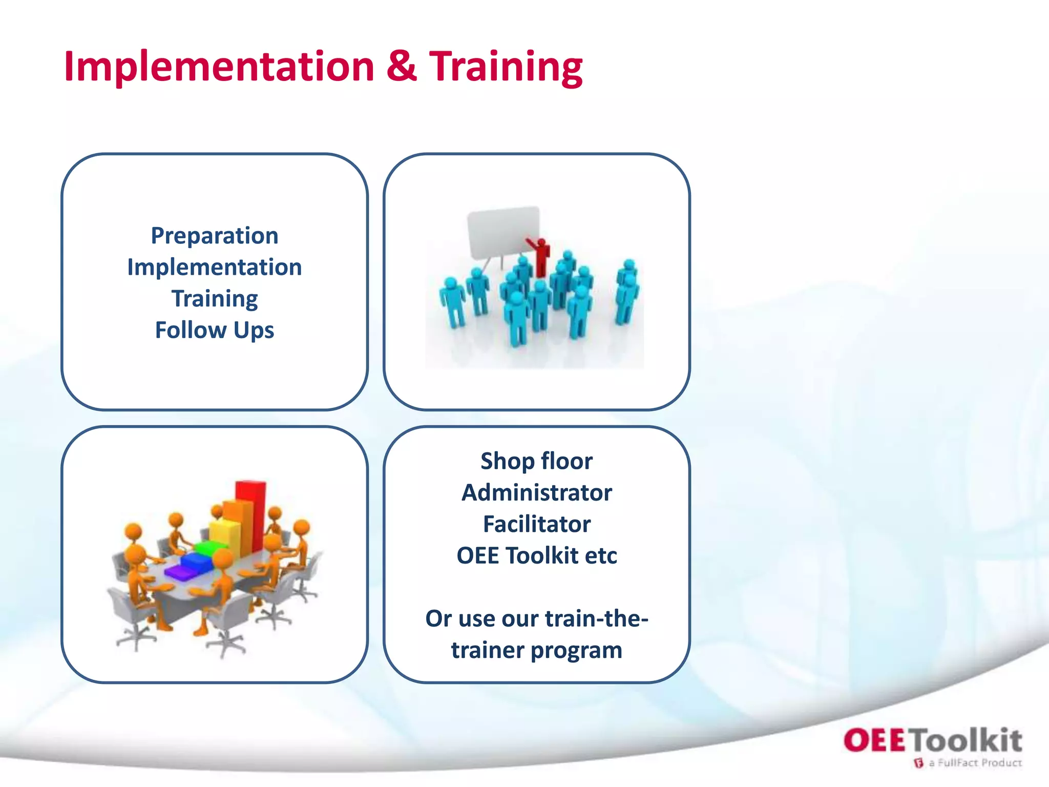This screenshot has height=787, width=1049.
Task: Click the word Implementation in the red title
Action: point(219,67)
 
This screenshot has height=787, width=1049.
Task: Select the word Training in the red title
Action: point(506,67)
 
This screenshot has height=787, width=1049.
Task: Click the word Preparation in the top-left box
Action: point(215,236)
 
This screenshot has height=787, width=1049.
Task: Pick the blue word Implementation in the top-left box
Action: point(215,267)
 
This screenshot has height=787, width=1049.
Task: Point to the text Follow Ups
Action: point(215,330)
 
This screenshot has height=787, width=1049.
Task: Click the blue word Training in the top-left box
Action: point(215,299)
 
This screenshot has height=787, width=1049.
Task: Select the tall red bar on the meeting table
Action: point(251,512)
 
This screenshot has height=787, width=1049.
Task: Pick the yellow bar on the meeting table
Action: point(224,533)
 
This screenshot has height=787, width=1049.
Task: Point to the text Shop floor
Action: point(536,461)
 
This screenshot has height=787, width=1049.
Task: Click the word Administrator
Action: point(536,493)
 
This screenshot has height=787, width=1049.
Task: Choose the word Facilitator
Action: point(536,524)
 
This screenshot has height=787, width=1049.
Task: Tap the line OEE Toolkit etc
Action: point(536,556)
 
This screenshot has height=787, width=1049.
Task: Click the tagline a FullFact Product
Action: point(974,763)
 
